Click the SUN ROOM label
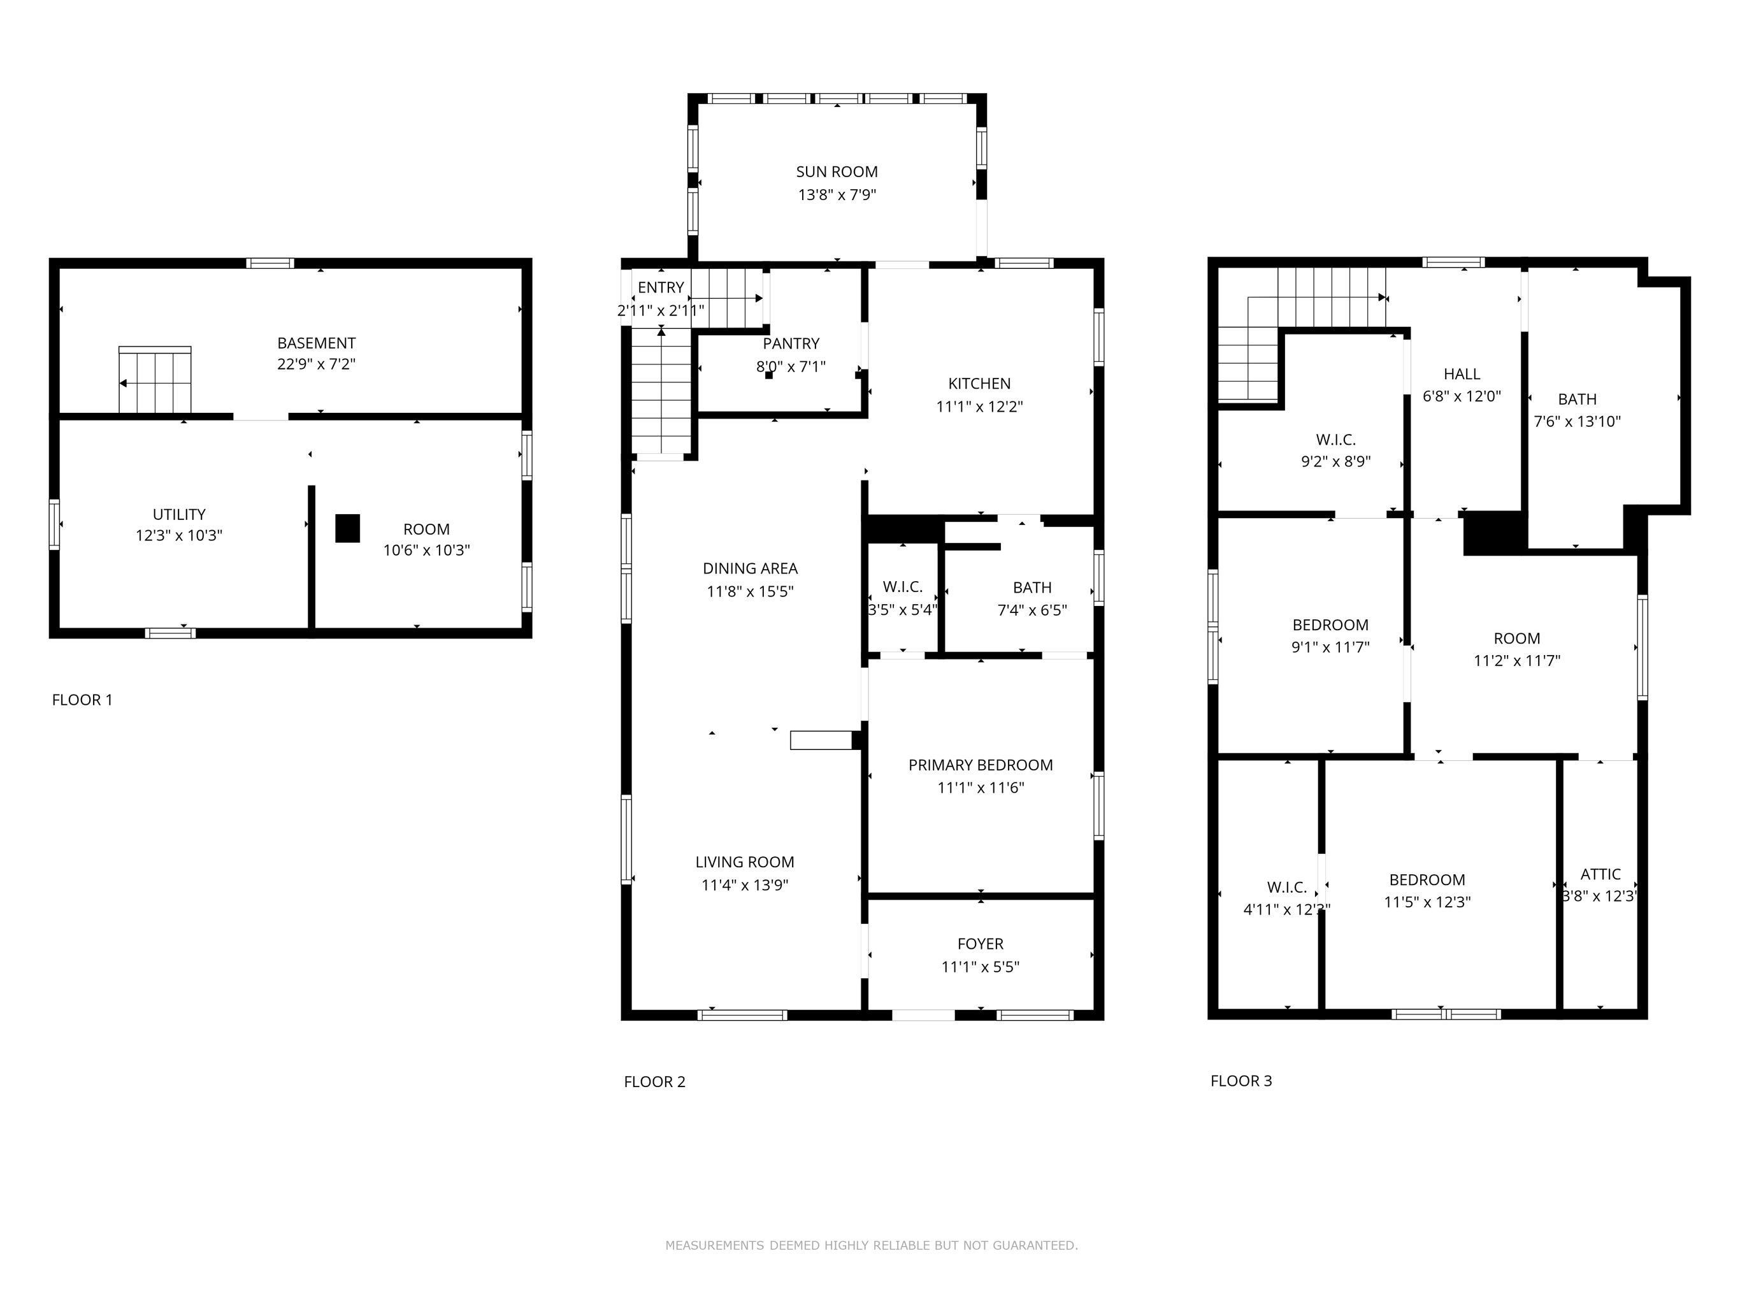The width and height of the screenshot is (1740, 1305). [x=837, y=171]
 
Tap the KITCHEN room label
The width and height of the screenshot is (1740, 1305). [x=979, y=384]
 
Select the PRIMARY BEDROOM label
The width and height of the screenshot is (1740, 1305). [x=980, y=765]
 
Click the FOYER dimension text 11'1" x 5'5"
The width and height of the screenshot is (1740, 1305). [x=980, y=966]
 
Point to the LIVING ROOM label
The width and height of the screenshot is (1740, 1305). [x=745, y=862]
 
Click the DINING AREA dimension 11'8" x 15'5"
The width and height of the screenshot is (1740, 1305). [x=750, y=591]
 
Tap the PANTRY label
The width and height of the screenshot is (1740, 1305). [x=791, y=343]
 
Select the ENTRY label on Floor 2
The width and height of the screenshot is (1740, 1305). [x=661, y=287]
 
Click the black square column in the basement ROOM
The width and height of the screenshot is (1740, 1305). [x=348, y=529]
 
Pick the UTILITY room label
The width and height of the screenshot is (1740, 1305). [x=179, y=514]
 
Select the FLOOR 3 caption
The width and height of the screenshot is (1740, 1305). [x=1241, y=1081]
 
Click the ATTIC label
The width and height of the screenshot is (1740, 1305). [x=1600, y=874]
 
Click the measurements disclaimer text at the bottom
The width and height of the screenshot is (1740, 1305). [x=872, y=1245]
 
